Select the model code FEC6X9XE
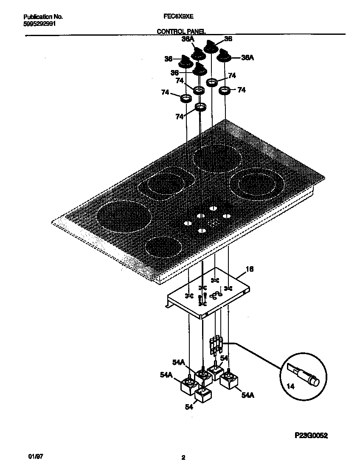tap(179, 17)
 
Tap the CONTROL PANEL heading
tap(181, 31)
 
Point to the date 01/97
tap(36, 457)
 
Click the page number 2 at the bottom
tap(183, 458)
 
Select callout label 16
tap(250, 269)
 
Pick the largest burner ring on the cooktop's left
tap(124, 217)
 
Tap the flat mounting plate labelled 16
tap(208, 293)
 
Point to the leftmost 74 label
tap(165, 92)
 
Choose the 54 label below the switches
tap(189, 407)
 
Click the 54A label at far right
tap(248, 395)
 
